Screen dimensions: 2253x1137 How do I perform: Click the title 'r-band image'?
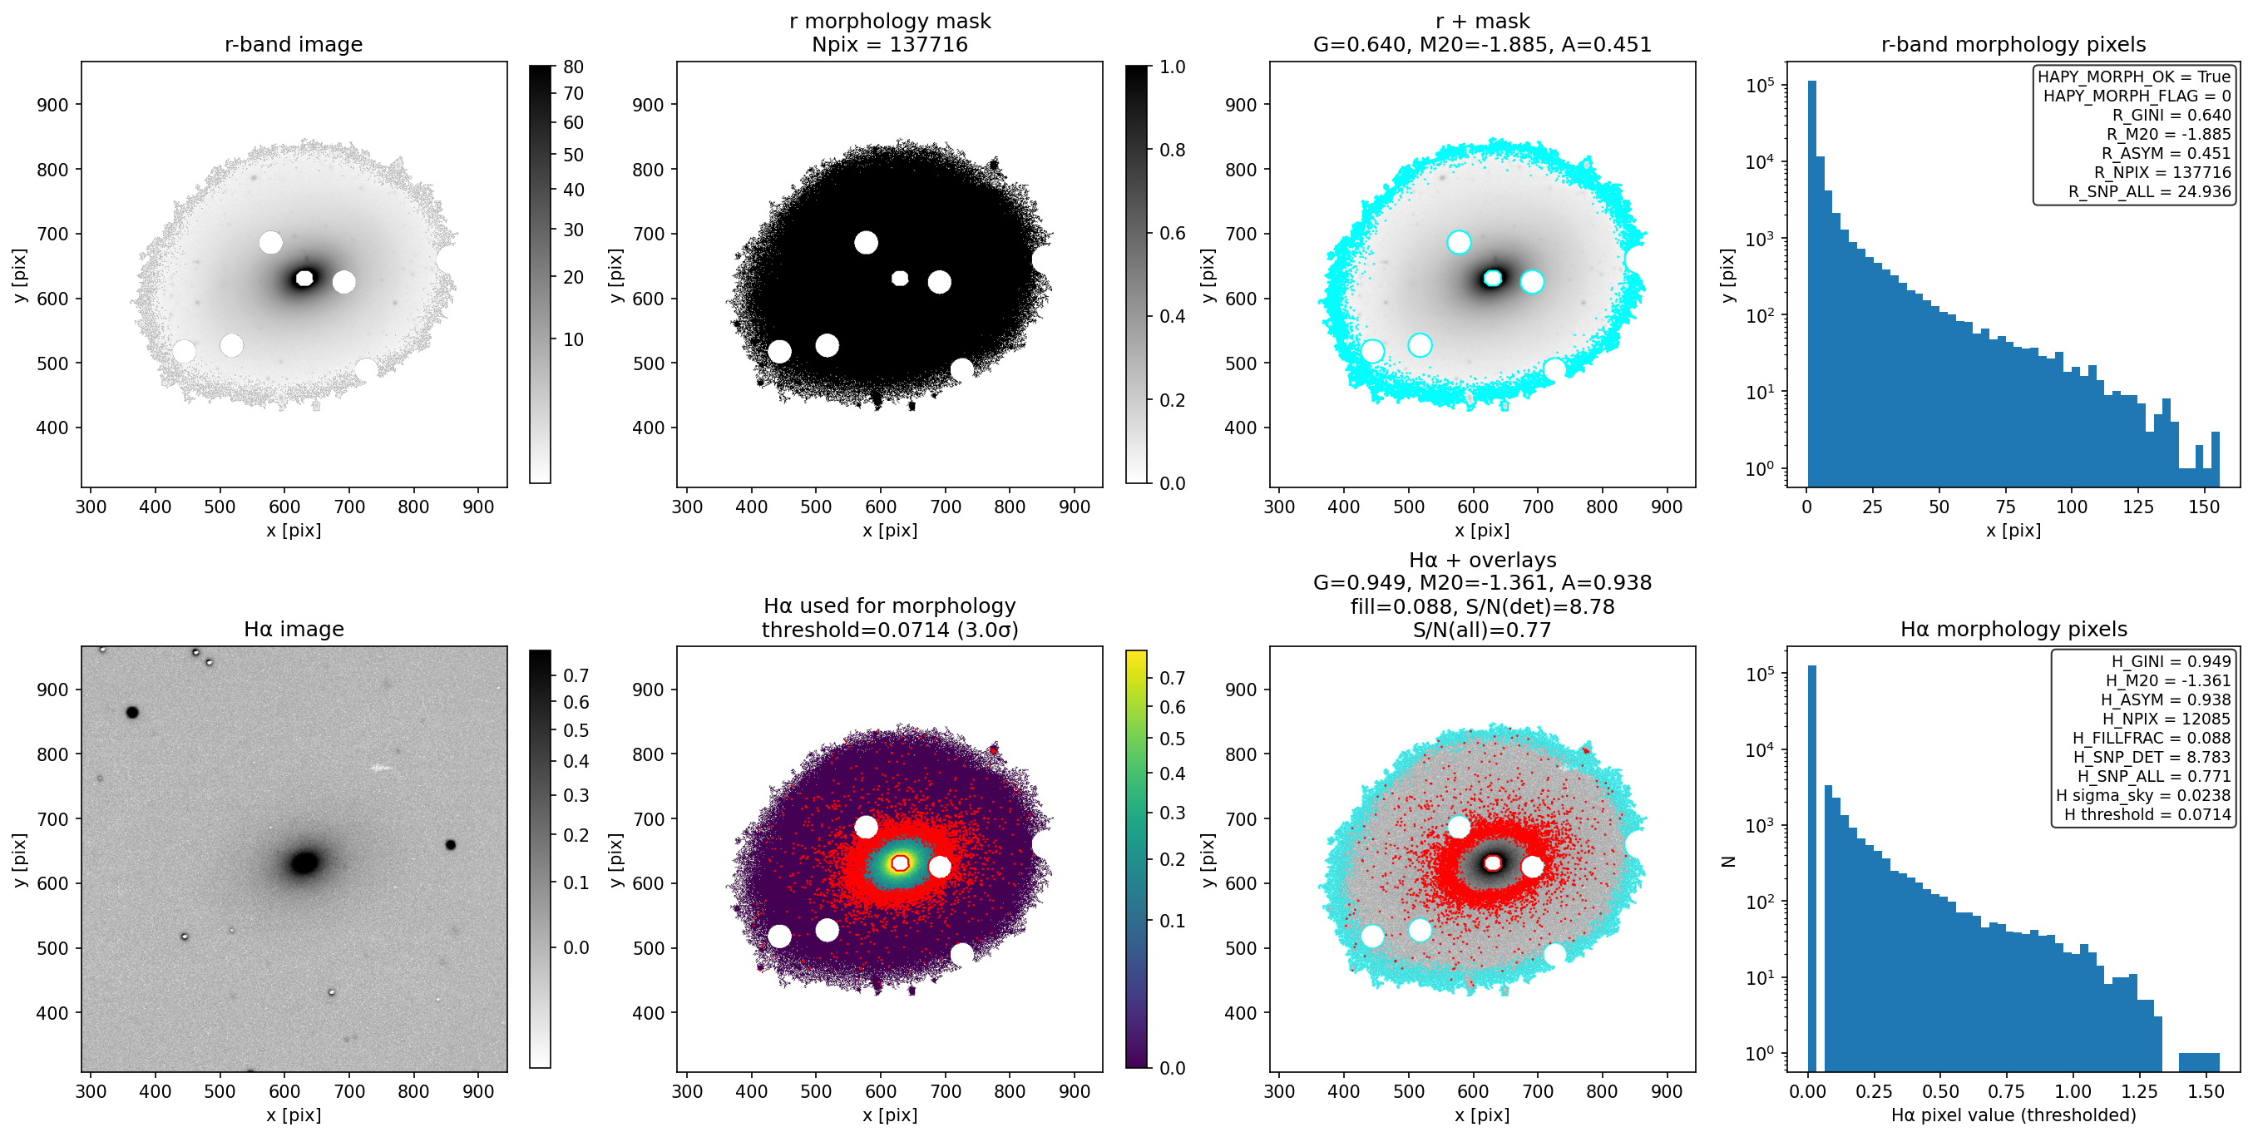pyautogui.click(x=293, y=45)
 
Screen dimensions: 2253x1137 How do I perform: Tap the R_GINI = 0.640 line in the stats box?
pyautogui.click(x=2171, y=115)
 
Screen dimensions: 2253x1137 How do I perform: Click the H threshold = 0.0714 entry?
pyautogui.click(x=2147, y=814)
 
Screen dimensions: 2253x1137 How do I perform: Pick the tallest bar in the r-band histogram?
pyautogui.click(x=1811, y=284)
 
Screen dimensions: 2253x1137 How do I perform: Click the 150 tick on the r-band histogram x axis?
pyautogui.click(x=2204, y=507)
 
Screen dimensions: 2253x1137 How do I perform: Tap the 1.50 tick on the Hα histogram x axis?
pyautogui.click(x=2206, y=1091)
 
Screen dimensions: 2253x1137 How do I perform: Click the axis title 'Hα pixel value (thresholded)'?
pyautogui.click(x=2013, y=1115)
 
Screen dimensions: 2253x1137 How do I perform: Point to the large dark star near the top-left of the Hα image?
pyautogui.click(x=132, y=712)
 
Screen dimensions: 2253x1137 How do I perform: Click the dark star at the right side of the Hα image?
pyautogui.click(x=451, y=845)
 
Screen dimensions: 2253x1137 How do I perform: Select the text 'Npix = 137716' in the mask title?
pyautogui.click(x=890, y=45)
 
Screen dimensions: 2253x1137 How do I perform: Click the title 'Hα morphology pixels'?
pyautogui.click(x=2013, y=629)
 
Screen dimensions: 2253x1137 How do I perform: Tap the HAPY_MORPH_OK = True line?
pyautogui.click(x=2134, y=76)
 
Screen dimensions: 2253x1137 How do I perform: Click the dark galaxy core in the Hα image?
pyautogui.click(x=304, y=863)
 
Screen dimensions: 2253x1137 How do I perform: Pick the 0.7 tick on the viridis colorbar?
pyautogui.click(x=1172, y=678)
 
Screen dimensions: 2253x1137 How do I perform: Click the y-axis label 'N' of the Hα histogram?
pyautogui.click(x=1728, y=861)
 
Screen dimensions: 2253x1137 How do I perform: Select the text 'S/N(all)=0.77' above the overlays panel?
pyautogui.click(x=1481, y=630)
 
